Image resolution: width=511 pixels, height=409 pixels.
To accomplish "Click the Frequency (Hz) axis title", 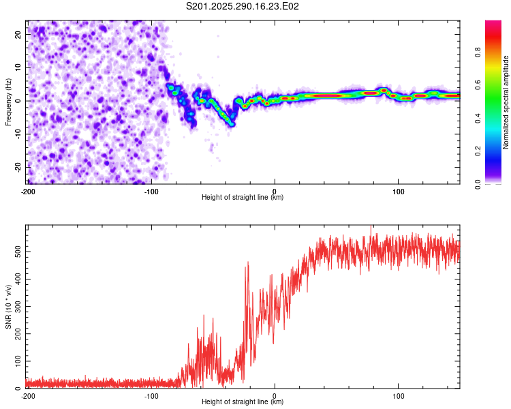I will pyautogui.click(x=8, y=102).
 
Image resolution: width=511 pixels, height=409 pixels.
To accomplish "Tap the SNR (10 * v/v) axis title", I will pyautogui.click(x=8, y=306).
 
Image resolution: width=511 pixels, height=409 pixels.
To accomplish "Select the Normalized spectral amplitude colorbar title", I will pyautogui.click(x=506, y=102).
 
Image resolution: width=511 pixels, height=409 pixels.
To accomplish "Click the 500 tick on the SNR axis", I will pyautogui.click(x=17, y=252).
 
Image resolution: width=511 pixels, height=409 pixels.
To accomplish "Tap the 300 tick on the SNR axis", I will pyautogui.click(x=17, y=306).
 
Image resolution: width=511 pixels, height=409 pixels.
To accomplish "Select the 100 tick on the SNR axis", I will pyautogui.click(x=17, y=361).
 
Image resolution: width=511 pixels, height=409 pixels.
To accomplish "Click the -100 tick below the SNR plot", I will pyautogui.click(x=151, y=396).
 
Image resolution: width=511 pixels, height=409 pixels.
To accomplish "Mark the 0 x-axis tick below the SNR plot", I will pyautogui.click(x=275, y=396).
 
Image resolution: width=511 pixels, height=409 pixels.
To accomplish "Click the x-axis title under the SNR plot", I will pyautogui.click(x=243, y=403).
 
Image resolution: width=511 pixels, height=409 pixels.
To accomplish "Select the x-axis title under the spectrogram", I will pyautogui.click(x=243, y=198).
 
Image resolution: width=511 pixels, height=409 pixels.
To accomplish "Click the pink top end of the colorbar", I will pyautogui.click(x=493, y=25).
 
